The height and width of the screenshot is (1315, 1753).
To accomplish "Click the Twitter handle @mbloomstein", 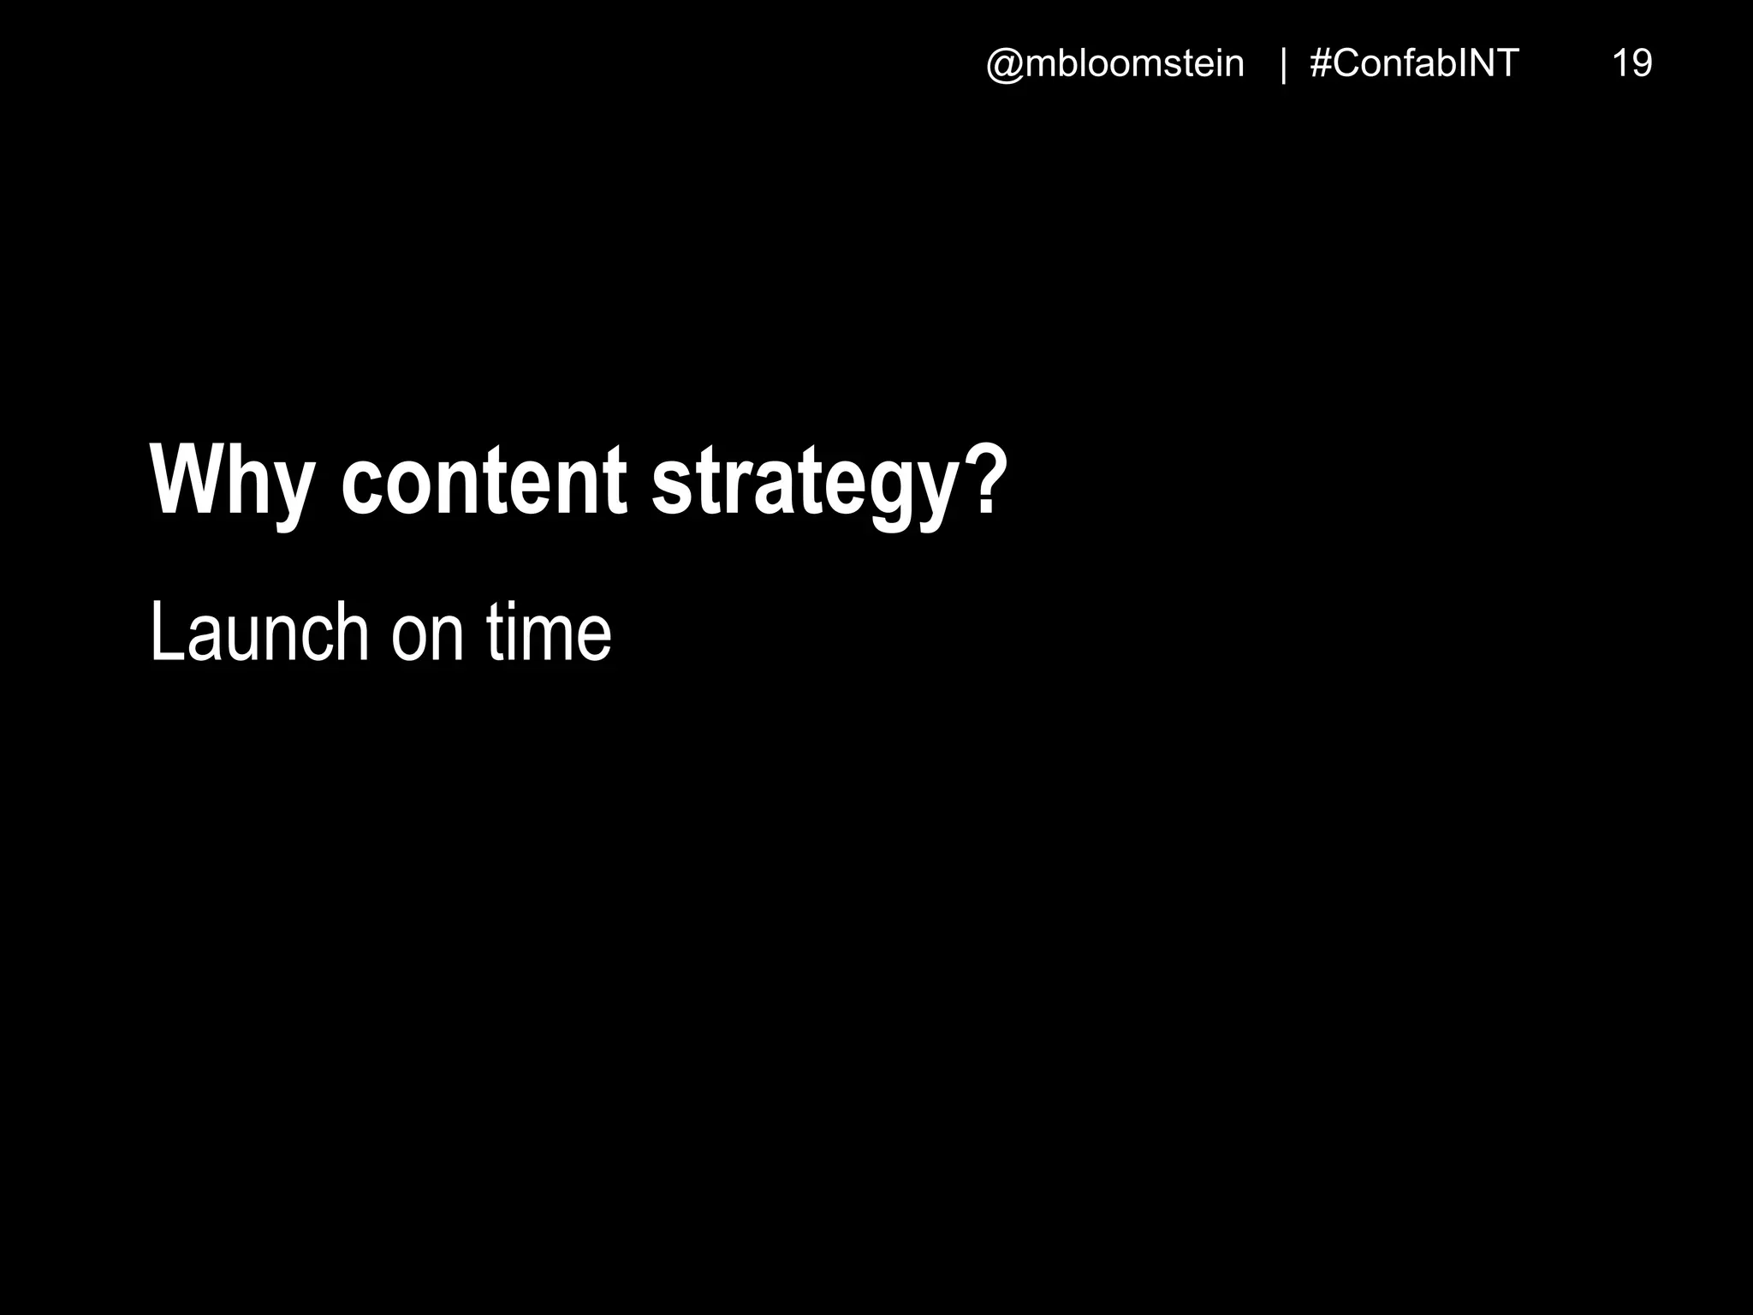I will [x=1115, y=64].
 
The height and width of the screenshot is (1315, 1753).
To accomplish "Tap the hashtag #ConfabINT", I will [x=1414, y=64].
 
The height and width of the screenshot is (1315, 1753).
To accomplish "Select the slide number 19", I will [x=1631, y=64].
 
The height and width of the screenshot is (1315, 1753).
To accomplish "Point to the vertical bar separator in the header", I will [x=1283, y=65].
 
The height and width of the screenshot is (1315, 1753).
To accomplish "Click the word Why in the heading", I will [x=231, y=481].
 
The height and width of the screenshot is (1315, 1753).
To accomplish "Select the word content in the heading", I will [x=484, y=481].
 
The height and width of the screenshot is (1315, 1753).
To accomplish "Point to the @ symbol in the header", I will [x=1005, y=65].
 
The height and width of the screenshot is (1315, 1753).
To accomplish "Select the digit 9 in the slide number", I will [x=1642, y=64].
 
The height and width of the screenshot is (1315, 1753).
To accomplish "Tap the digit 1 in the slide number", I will [x=1620, y=64].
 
